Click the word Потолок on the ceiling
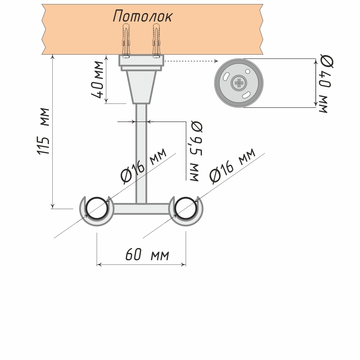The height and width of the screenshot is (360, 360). coord(143,16)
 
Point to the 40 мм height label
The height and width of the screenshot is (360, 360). coord(98,80)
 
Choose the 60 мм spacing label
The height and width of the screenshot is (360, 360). coord(147,255)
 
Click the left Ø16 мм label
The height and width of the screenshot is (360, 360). coord(144,166)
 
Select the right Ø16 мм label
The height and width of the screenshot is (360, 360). coord(232,165)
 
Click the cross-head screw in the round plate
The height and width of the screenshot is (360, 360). coord(238,83)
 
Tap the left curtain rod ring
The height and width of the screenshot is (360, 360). coord(96,209)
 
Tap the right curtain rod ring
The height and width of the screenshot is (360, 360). coord(186,209)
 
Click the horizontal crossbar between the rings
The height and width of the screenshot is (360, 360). coord(141,209)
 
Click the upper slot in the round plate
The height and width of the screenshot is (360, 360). coord(226,77)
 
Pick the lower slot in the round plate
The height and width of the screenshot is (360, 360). coord(247,94)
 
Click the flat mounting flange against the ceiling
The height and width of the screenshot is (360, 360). coord(141,60)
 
